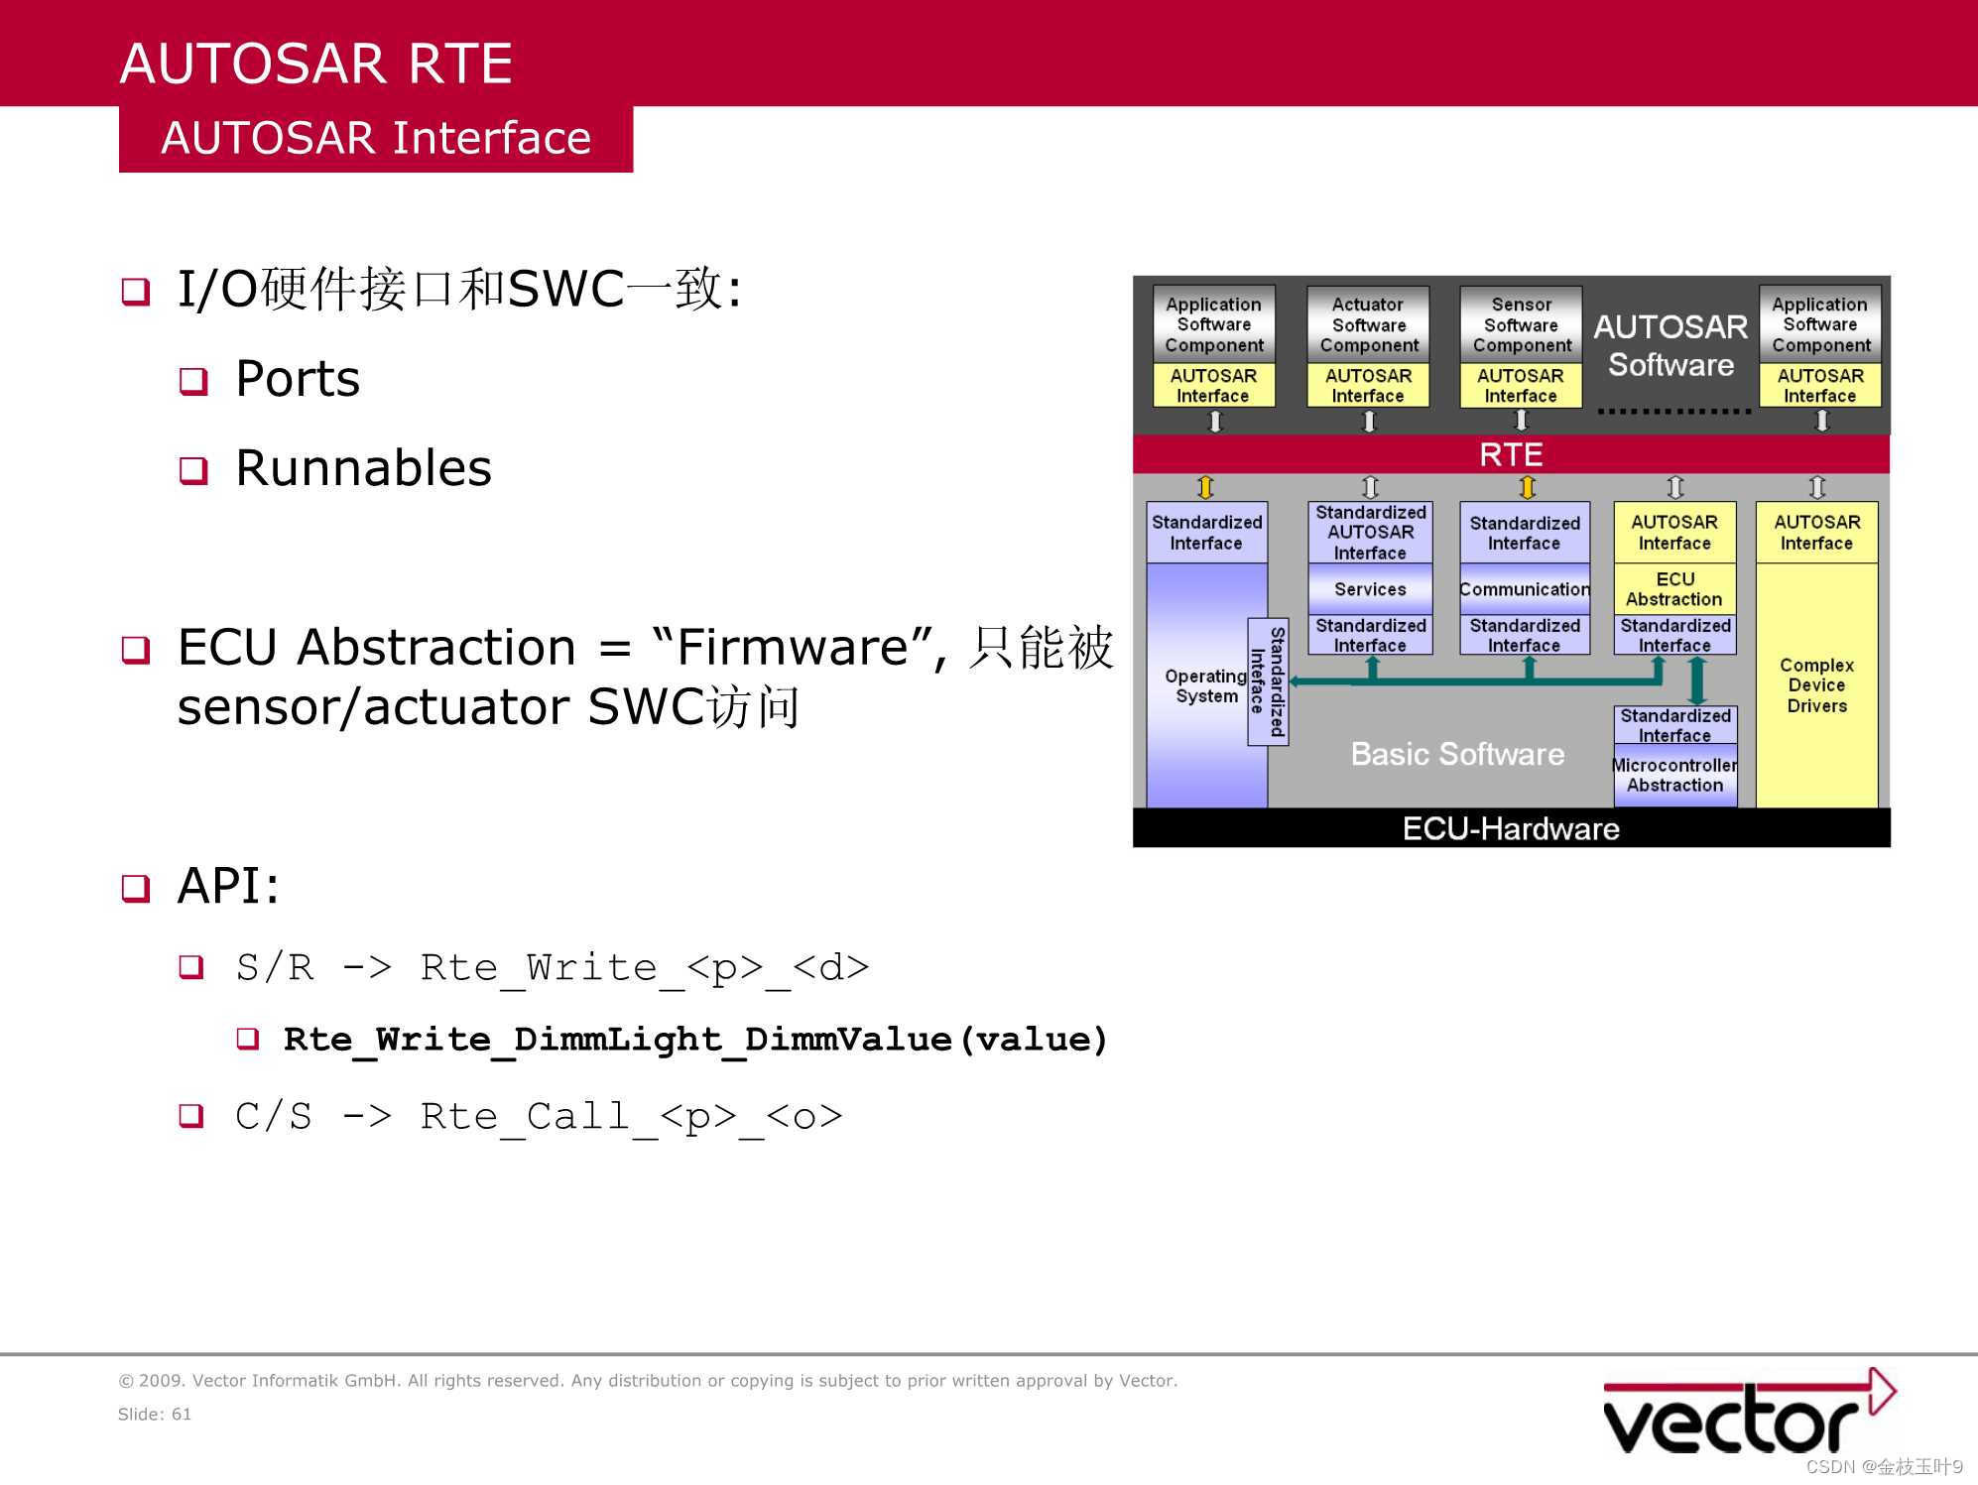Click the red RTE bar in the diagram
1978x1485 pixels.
pyautogui.click(x=1510, y=454)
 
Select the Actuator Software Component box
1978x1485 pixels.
pyautogui.click(x=1368, y=324)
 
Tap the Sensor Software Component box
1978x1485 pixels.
pyautogui.click(x=1521, y=324)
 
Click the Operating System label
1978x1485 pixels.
pyautogui.click(x=1205, y=685)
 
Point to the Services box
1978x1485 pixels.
pyautogui.click(x=1370, y=589)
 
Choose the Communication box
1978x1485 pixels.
pyautogui.click(x=1524, y=589)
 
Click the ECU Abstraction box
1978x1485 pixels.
pyautogui.click(x=1674, y=589)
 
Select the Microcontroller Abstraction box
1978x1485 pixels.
pyautogui.click(x=1674, y=775)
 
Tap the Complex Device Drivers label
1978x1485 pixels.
pyautogui.click(x=1816, y=685)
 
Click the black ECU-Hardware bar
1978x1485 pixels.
pyautogui.click(x=1510, y=828)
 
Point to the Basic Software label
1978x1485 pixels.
pyautogui.click(x=1456, y=754)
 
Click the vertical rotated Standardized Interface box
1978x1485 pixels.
pyautogui.click(x=1268, y=681)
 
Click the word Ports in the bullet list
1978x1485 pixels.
pyautogui.click(x=298, y=379)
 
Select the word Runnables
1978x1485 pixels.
pyautogui.click(x=363, y=468)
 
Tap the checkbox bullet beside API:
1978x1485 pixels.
pyautogui.click(x=136, y=888)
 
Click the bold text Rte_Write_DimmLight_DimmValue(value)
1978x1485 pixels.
pyautogui.click(x=694, y=1040)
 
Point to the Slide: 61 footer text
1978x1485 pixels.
pyautogui.click(x=155, y=1414)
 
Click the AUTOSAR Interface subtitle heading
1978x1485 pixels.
pyautogui.click(x=376, y=138)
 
